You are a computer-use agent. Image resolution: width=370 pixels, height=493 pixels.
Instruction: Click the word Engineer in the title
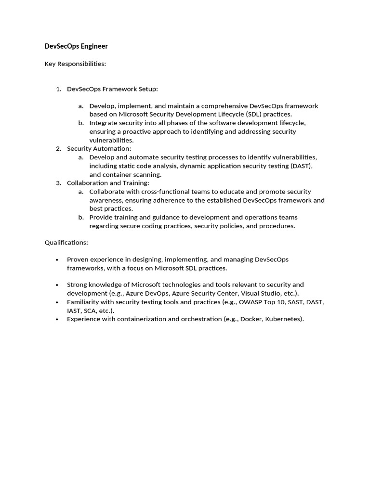94,46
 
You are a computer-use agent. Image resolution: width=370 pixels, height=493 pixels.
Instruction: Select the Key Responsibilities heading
75,64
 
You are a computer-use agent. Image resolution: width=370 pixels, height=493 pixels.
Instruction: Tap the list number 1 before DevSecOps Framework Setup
58,89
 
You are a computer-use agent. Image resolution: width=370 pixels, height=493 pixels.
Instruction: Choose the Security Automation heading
99,148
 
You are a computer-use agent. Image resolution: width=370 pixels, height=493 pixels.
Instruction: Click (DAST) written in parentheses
302,166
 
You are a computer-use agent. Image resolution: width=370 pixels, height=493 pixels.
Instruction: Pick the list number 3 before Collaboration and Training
58,183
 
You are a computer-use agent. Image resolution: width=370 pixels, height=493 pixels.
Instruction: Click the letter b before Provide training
81,217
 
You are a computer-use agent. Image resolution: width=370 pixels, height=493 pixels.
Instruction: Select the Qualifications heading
66,242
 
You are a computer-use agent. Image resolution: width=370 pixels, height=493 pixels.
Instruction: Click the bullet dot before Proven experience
58,259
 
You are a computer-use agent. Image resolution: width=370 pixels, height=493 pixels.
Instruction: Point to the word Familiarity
84,302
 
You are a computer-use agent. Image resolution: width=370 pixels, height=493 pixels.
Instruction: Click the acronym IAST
74,311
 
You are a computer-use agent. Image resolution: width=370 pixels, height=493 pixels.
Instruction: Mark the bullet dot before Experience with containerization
58,319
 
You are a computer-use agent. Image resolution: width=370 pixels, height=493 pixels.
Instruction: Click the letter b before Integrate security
81,123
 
